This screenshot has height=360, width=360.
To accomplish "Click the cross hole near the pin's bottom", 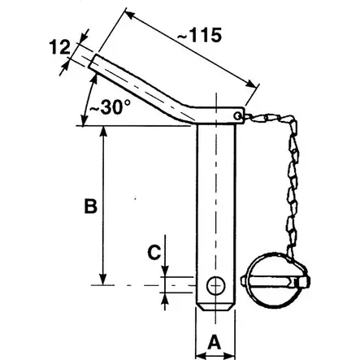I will [216, 285].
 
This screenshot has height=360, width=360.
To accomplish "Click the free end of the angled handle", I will [96, 62].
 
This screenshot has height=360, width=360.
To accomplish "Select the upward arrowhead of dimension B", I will [103, 132].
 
